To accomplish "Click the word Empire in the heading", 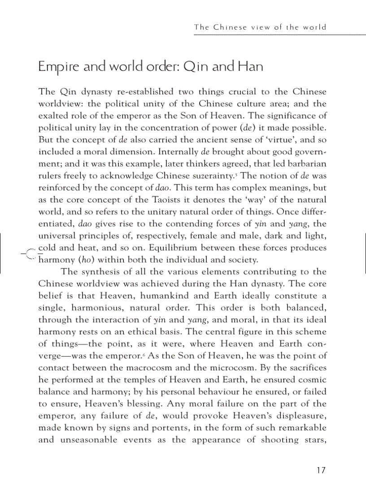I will pyautogui.click(x=57, y=67).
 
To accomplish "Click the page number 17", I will pyautogui.click(x=320, y=470).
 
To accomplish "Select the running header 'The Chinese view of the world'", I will pyautogui.click(x=260, y=27).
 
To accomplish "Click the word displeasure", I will pyautogui.click(x=292, y=416).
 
